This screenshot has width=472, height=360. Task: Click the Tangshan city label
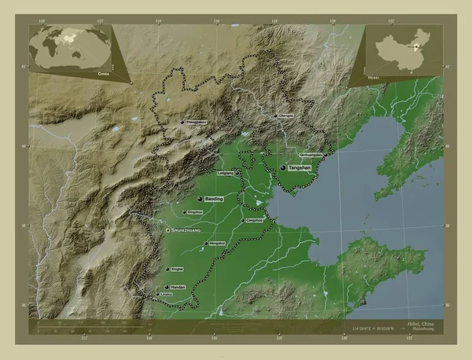[x=300, y=168]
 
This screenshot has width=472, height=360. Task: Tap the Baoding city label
[x=215, y=199]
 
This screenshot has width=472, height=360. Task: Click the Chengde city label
[x=286, y=116]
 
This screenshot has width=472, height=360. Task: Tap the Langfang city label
[x=224, y=173]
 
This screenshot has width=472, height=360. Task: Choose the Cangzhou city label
[x=254, y=221]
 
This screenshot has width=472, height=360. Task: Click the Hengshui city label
[x=217, y=244]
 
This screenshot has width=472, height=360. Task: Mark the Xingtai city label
[x=177, y=268]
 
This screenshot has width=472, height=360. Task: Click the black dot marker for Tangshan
[x=282, y=167]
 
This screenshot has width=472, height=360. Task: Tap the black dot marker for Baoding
[x=201, y=199]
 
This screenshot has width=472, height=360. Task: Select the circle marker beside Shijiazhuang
[x=167, y=230]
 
